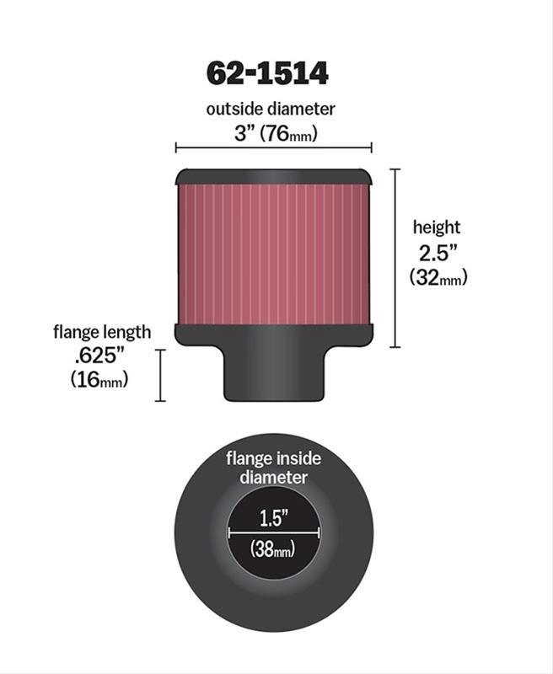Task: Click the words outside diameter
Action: click(271, 109)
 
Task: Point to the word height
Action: click(436, 227)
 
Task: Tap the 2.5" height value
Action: click(436, 252)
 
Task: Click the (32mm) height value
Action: click(438, 276)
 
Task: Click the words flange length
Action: click(102, 331)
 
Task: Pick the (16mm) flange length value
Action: click(99, 380)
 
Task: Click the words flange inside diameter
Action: click(273, 468)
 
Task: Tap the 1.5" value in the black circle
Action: click(273, 516)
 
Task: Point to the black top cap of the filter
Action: click(272, 177)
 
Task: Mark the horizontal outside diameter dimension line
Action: click(273, 148)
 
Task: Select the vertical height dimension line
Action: click(395, 258)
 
